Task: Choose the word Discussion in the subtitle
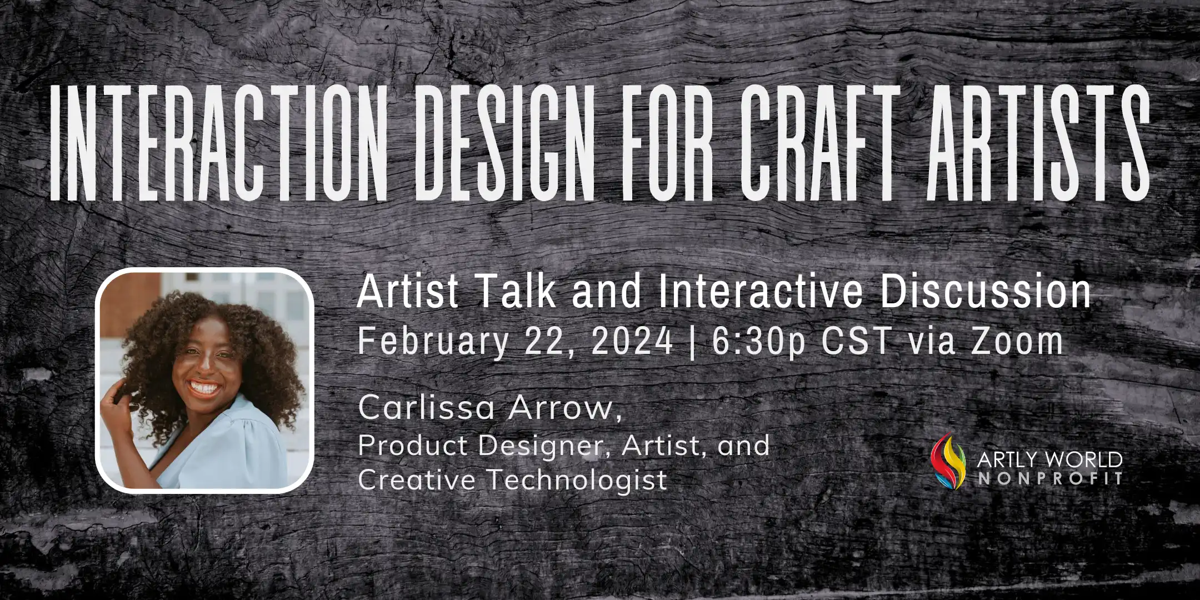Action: (x=986, y=292)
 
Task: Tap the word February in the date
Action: (x=433, y=342)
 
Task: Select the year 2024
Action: (x=632, y=341)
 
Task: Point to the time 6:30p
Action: (x=759, y=342)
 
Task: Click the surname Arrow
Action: (x=565, y=408)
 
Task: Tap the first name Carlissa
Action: (x=426, y=408)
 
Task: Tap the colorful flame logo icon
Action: (x=949, y=461)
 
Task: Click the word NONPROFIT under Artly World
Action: (x=1050, y=479)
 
